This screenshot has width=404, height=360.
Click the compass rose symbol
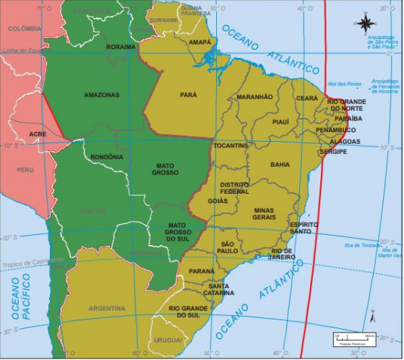364,23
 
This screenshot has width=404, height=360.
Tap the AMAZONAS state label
101,95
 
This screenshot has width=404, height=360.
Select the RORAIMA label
121,47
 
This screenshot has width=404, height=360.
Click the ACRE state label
38,134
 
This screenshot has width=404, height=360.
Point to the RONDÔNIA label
107,157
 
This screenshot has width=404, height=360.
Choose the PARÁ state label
188,95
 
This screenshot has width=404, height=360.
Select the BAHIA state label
280,164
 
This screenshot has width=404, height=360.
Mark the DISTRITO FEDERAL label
234,188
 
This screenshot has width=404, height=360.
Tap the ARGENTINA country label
106,308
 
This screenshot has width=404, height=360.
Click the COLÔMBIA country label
25,28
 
